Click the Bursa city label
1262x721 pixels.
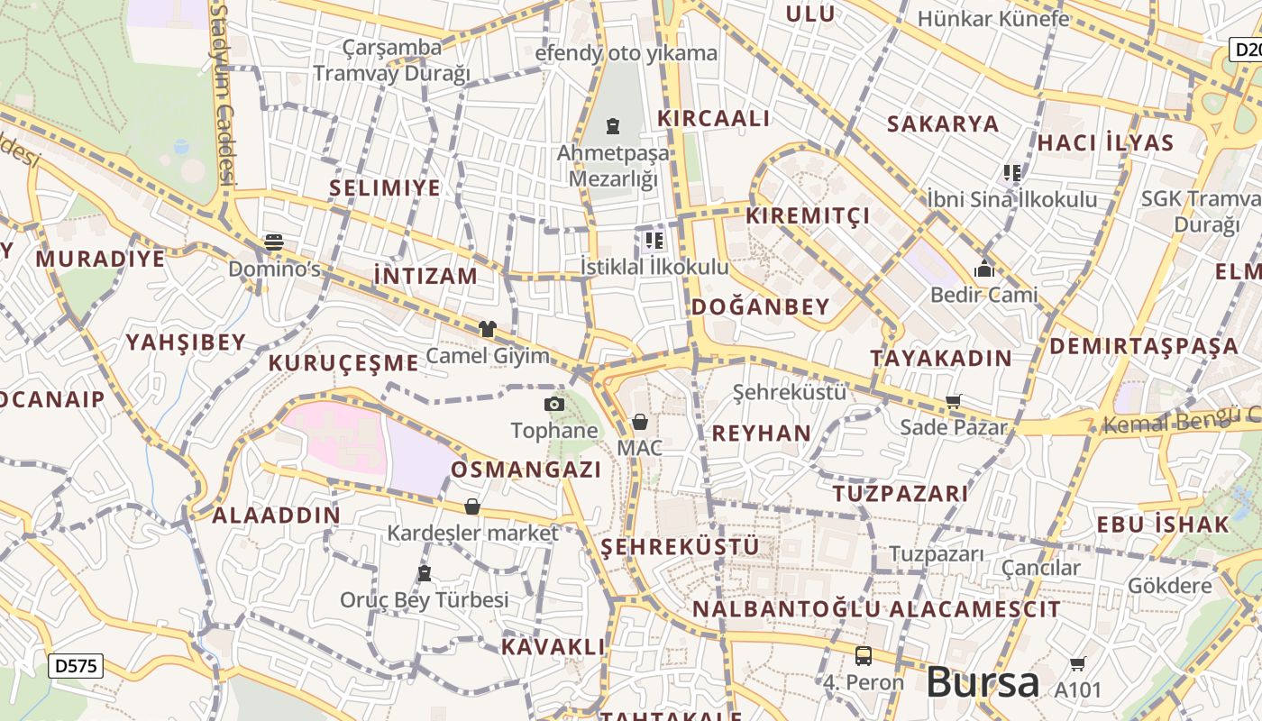pyautogui.click(x=983, y=682)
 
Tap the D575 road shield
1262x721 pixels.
pyautogui.click(x=76, y=666)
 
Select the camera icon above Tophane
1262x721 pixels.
pyautogui.click(x=554, y=405)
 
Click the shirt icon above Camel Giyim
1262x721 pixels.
pyautogui.click(x=488, y=329)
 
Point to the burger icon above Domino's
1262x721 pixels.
pyautogui.click(x=274, y=242)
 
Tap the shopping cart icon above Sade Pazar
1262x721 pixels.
pyautogui.click(x=954, y=401)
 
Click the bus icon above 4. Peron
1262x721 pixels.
pyautogui.click(x=864, y=655)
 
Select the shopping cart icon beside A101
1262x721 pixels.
pyautogui.click(x=1077, y=664)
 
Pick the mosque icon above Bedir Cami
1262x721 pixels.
pyautogui.click(x=983, y=268)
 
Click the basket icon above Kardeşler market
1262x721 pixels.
pyautogui.click(x=472, y=507)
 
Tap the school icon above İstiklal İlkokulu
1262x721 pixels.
pyautogui.click(x=654, y=240)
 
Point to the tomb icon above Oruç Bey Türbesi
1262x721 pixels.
pyautogui.click(x=425, y=573)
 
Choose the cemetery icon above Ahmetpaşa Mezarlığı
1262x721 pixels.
pyautogui.click(x=613, y=125)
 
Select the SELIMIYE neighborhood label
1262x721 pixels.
pyautogui.click(x=385, y=188)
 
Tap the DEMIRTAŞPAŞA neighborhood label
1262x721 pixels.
pyautogui.click(x=1143, y=346)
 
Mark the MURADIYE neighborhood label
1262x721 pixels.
pyautogui.click(x=100, y=260)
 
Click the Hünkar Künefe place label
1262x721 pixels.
pyautogui.click(x=993, y=19)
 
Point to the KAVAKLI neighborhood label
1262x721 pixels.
pyautogui.click(x=553, y=647)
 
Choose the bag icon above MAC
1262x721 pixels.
pyautogui.click(x=640, y=422)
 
